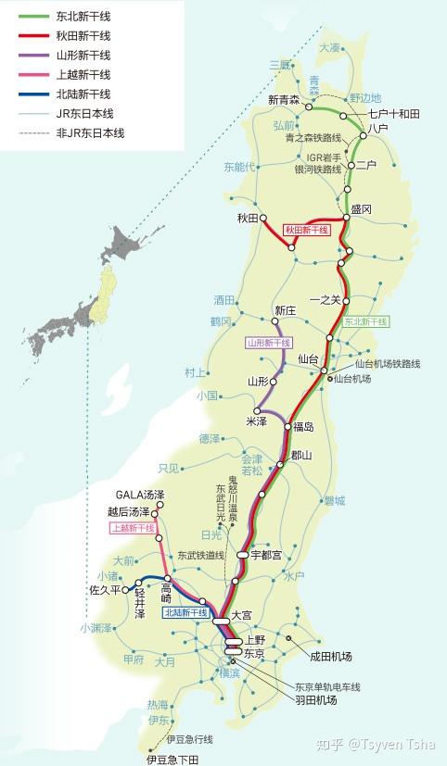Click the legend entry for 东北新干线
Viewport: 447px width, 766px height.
[84, 17]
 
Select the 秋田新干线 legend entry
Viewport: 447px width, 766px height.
[84, 35]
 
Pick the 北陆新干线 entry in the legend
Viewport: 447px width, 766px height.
[84, 94]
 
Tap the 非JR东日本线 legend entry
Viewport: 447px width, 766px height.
[91, 133]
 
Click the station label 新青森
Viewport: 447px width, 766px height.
[283, 100]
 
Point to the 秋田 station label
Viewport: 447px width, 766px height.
[246, 219]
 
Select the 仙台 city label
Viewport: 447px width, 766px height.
[308, 358]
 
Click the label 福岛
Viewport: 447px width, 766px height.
[304, 427]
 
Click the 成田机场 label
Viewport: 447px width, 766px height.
[331, 657]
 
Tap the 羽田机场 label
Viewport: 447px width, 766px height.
[316, 701]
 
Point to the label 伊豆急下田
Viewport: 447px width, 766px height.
[172, 760]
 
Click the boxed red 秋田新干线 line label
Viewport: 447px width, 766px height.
[307, 229]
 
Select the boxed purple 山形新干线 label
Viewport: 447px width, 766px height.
[269, 343]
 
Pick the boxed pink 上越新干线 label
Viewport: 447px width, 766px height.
[133, 529]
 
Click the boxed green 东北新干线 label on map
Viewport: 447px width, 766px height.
[366, 322]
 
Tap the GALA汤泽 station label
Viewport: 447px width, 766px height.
[139, 495]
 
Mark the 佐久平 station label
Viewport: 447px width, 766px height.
[106, 589]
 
